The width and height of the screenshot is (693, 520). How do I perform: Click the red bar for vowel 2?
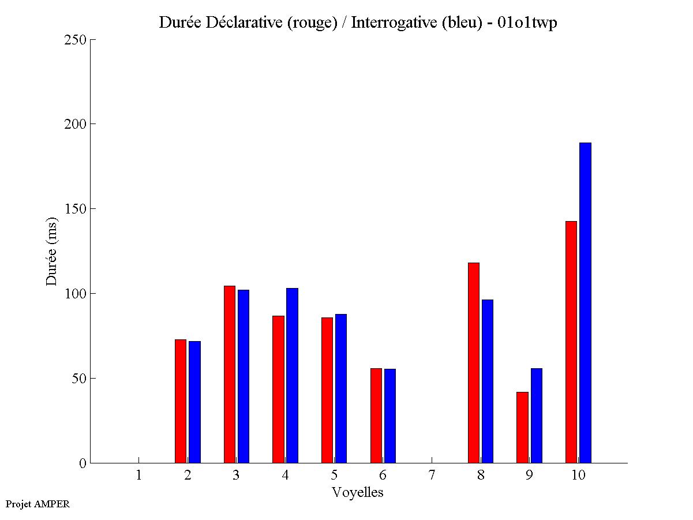point(181,401)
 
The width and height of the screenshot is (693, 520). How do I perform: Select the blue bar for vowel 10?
point(585,302)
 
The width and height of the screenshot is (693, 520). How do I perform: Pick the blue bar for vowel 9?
point(537,416)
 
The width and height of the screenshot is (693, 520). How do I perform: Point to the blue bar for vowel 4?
point(292,375)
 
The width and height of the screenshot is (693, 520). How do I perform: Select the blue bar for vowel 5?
point(341,388)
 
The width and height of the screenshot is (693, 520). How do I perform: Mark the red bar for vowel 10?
point(571,342)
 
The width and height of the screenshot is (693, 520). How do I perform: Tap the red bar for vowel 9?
point(522,427)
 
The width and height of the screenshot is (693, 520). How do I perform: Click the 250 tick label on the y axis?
point(77,40)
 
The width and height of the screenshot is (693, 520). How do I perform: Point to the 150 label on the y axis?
point(77,209)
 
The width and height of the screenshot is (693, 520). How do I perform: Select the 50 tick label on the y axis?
point(80,379)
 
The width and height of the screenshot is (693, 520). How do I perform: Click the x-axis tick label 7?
point(432,476)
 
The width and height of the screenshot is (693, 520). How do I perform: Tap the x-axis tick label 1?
point(138,476)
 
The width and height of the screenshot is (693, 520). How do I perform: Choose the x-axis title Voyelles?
point(358,492)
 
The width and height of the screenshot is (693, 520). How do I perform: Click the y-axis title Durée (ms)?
point(52,251)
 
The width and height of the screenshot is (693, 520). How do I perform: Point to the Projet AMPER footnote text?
point(38,504)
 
